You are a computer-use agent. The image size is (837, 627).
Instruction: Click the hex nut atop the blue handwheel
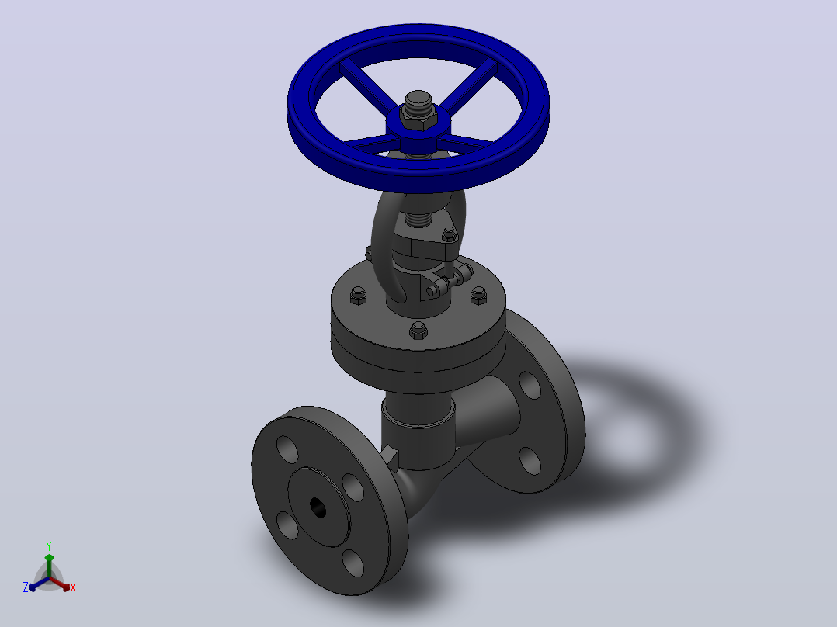point(419,121)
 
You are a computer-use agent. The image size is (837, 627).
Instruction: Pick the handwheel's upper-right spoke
point(468,86)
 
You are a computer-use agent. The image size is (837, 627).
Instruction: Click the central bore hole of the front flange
point(318,507)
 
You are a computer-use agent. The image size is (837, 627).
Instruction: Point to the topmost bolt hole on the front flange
point(288,449)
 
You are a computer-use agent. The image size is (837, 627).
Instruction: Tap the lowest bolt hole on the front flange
point(353,563)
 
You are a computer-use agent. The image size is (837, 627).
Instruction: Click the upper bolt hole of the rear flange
point(530,385)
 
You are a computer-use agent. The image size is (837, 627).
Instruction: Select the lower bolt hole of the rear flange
point(529,460)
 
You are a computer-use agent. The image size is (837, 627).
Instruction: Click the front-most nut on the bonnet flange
point(418,331)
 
